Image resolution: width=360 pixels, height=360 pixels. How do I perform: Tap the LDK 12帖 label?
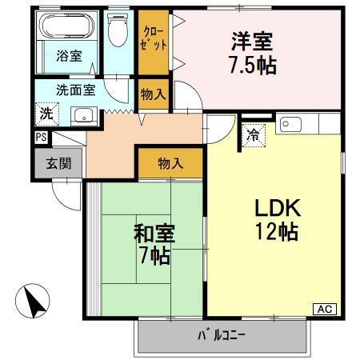click(x=277, y=220)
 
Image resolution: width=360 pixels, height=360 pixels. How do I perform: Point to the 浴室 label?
click(x=68, y=57)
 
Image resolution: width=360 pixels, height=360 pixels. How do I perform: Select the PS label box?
click(x=40, y=137)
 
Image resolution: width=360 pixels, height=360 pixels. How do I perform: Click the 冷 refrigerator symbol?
click(x=252, y=134)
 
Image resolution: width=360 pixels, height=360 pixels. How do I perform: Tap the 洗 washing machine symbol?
click(x=46, y=113)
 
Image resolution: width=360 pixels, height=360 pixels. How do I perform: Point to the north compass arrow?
click(x=33, y=302)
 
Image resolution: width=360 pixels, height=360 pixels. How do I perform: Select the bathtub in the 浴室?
click(x=68, y=28)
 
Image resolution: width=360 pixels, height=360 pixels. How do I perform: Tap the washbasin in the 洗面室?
click(x=82, y=115)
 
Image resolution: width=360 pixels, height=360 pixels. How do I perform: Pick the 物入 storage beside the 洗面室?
click(x=154, y=93)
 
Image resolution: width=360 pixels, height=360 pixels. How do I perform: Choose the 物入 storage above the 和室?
click(x=170, y=164)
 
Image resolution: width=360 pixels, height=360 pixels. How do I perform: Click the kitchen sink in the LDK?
click(x=292, y=124)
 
